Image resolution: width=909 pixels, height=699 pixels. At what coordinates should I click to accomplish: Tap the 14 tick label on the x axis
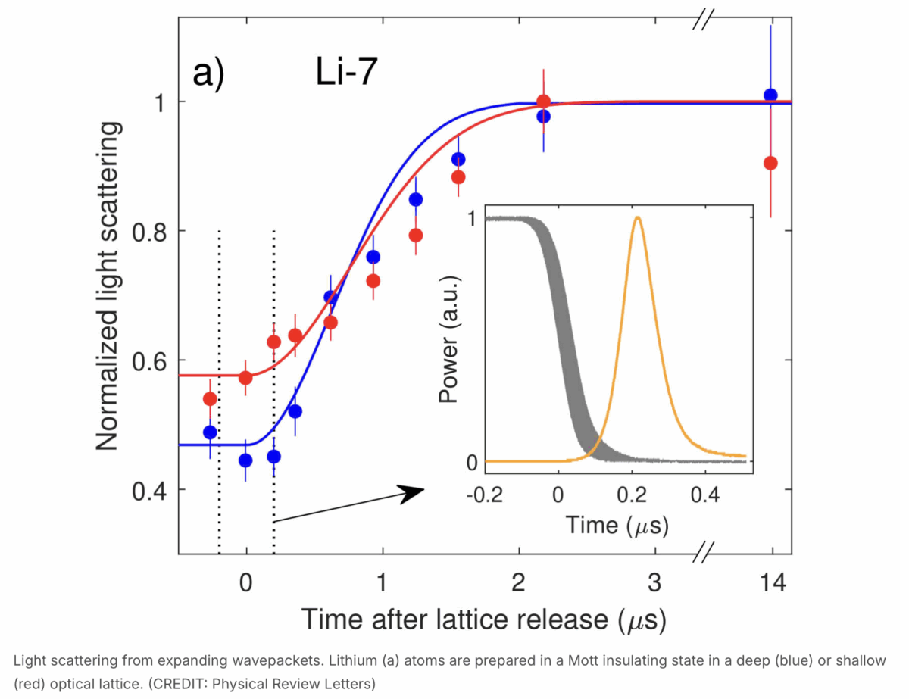[771, 583]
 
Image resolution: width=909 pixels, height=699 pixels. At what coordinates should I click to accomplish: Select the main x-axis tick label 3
[654, 583]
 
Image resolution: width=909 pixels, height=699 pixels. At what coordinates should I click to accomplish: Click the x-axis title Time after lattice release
[485, 619]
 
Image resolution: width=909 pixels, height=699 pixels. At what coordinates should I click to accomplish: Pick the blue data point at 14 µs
[770, 95]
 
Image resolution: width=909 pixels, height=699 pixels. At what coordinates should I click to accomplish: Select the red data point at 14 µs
[770, 163]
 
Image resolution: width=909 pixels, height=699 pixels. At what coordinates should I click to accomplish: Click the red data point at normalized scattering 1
[543, 101]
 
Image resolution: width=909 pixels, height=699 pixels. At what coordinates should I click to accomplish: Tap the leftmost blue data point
[210, 432]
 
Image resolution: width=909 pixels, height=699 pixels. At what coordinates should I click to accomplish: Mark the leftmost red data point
[210, 398]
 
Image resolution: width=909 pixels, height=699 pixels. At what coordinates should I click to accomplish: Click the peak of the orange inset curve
[638, 218]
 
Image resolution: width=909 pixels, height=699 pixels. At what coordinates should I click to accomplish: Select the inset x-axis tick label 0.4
[704, 491]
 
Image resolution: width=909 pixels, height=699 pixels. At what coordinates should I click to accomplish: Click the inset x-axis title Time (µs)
[617, 526]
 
